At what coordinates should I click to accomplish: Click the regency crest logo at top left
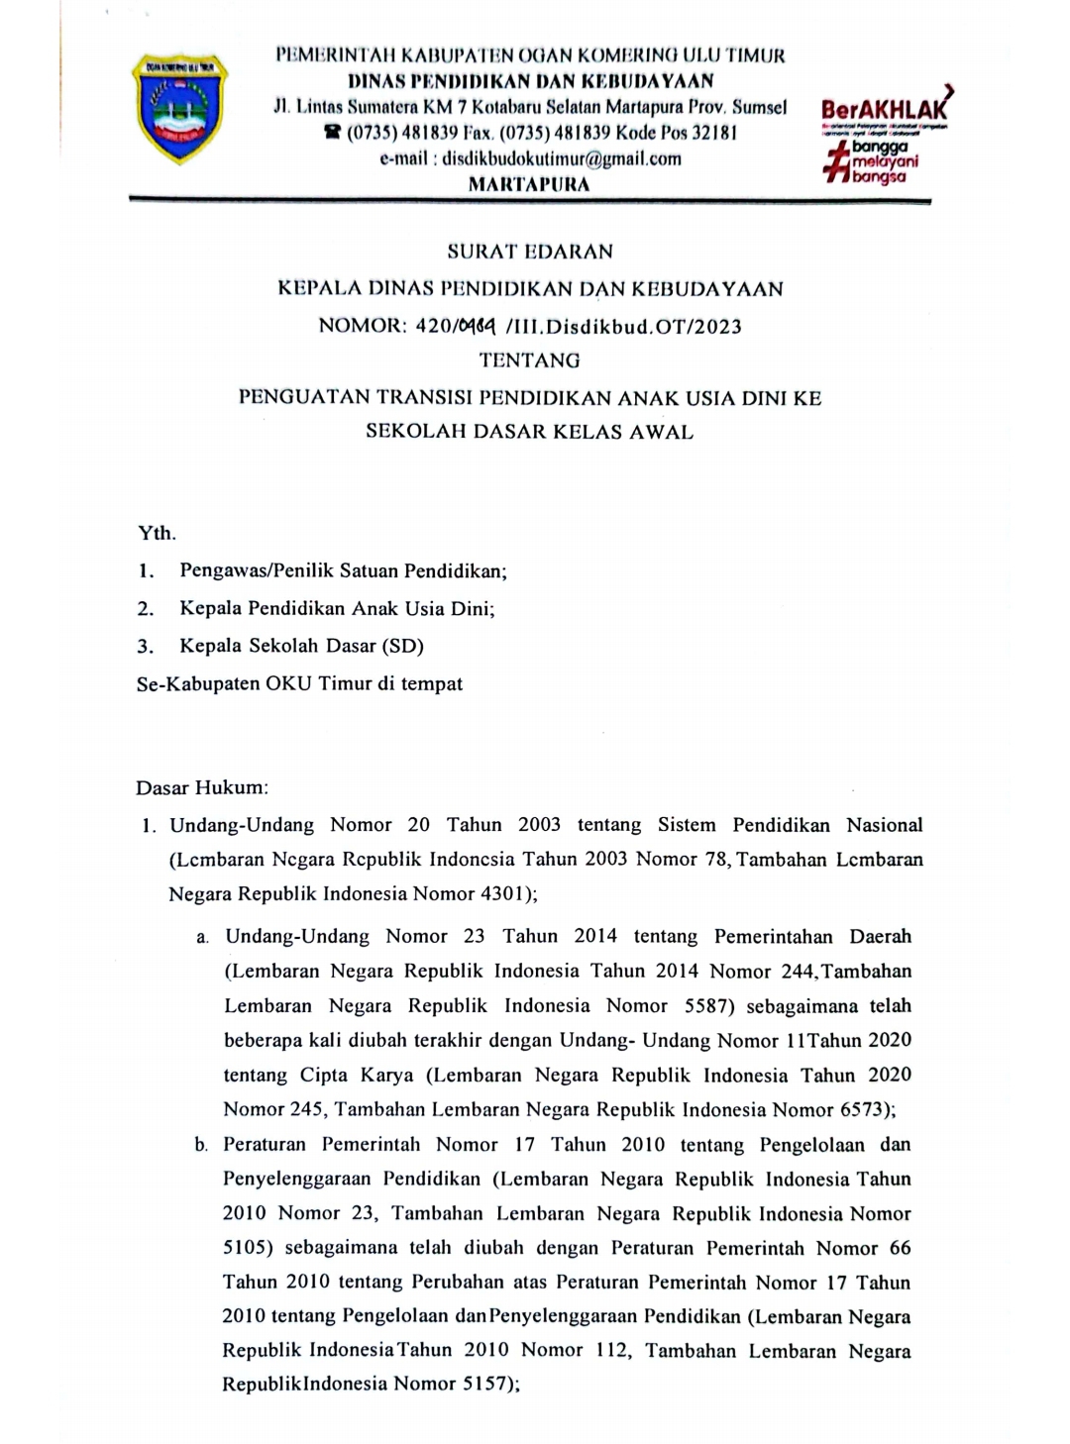(x=178, y=109)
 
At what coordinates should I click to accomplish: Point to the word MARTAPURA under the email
(x=528, y=184)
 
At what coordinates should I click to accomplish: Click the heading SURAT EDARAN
(x=530, y=252)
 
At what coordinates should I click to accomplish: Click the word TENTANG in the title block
(x=530, y=361)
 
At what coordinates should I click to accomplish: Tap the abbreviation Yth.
(x=157, y=533)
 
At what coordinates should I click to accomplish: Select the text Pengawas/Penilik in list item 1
(x=254, y=570)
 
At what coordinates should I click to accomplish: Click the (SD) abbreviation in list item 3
(x=401, y=646)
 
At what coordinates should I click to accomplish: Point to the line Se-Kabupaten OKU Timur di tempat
(x=299, y=683)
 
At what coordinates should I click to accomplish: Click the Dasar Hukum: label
(x=202, y=788)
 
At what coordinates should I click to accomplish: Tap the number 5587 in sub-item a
(x=707, y=1005)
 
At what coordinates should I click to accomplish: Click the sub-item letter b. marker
(x=201, y=1145)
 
